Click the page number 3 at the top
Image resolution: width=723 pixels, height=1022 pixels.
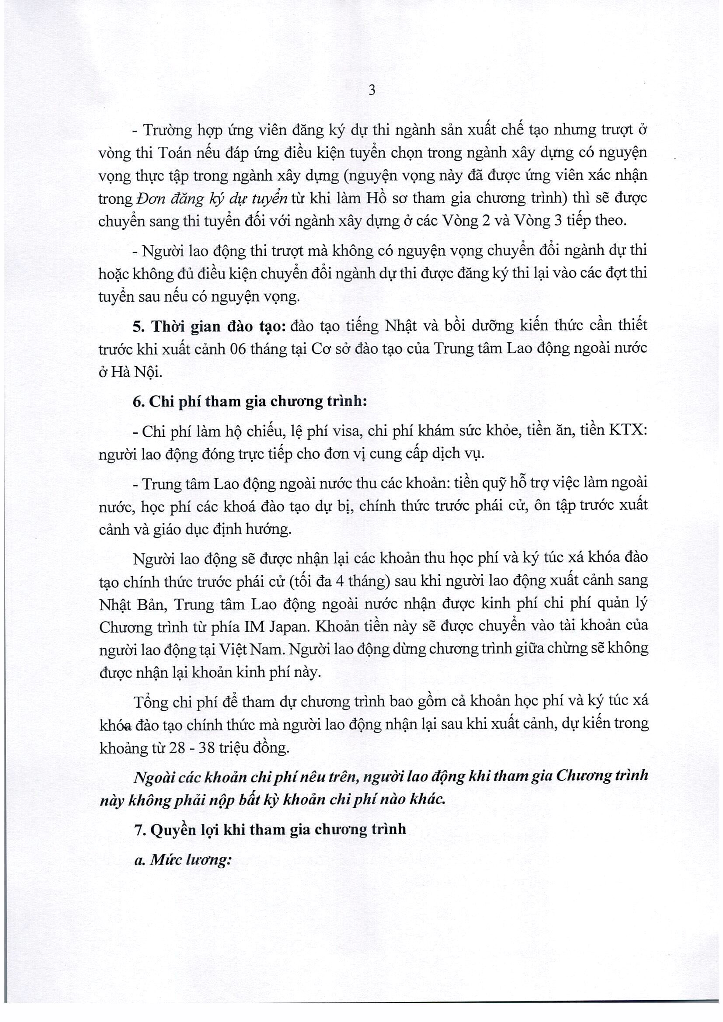click(x=372, y=91)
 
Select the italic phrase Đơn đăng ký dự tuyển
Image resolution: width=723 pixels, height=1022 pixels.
click(x=212, y=198)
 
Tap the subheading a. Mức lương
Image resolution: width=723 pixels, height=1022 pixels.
click(x=183, y=859)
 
